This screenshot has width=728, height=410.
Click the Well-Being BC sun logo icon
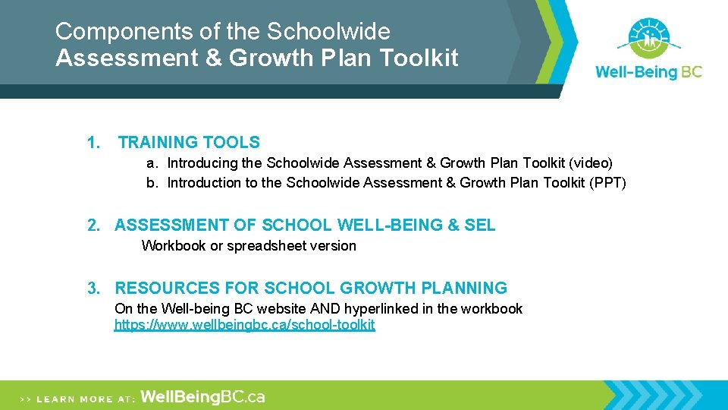coord(648,37)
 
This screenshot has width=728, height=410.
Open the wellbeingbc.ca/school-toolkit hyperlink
coord(244,325)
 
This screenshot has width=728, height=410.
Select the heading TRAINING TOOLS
coord(189,142)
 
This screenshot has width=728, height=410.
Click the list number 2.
coord(93,225)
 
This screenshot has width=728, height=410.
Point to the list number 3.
coord(93,288)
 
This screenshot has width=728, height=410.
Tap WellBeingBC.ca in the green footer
coord(202,396)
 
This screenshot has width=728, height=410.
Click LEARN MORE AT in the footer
coord(85,398)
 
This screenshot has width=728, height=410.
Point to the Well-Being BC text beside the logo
coord(648,72)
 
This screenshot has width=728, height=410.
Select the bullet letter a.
coord(152,162)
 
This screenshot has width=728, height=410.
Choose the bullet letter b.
coord(152,182)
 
